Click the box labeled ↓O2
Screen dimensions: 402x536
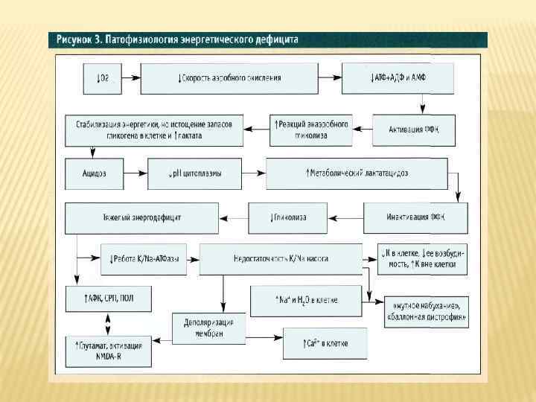coord(103,77)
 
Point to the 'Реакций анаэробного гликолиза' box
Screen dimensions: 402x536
coord(310,130)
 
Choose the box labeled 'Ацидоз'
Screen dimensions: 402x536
coord(94,173)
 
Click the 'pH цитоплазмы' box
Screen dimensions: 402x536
coord(195,173)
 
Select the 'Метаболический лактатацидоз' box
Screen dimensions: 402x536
coord(357,173)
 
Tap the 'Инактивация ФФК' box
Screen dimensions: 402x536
coord(415,217)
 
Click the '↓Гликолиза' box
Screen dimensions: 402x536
coord(287,217)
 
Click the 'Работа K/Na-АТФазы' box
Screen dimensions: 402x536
coord(144,258)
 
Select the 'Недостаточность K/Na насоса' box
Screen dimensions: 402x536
coord(279,258)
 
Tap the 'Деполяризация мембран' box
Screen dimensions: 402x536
coord(208,328)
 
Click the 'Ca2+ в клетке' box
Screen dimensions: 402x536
coord(325,343)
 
